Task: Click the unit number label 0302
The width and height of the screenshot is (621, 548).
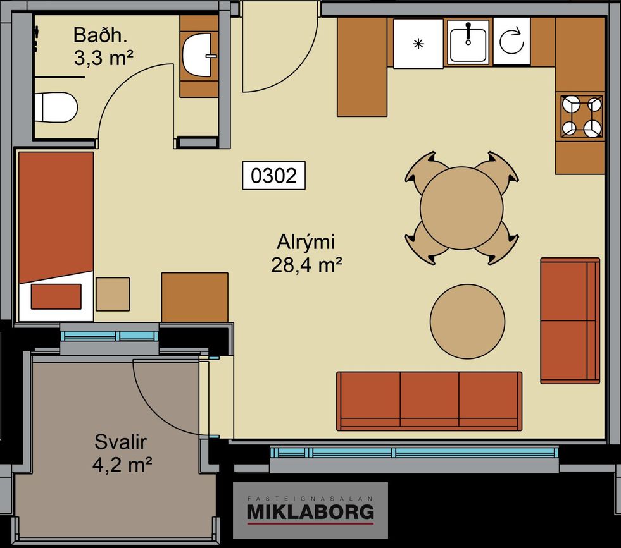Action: point(273,175)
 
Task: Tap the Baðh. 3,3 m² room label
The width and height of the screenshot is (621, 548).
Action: point(103,46)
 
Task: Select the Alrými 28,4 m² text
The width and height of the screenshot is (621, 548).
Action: point(306,253)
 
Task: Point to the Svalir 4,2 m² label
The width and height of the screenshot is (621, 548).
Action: point(122,453)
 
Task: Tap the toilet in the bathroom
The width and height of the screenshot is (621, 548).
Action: point(56,107)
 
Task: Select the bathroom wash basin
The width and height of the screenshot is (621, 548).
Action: point(198,55)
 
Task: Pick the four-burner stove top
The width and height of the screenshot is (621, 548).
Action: point(582,117)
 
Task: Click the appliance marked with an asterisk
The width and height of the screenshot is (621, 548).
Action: point(418,44)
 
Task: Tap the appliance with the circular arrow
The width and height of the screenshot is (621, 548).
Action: point(511,41)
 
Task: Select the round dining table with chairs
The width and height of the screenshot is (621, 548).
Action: point(461,208)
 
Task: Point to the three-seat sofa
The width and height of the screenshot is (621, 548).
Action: point(429,401)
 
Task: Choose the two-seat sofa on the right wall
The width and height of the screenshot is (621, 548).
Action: point(570,320)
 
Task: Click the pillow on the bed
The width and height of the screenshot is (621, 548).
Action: point(56,296)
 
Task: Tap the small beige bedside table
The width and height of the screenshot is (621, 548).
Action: point(113,294)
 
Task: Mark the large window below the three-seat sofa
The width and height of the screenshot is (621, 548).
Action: point(413,453)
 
